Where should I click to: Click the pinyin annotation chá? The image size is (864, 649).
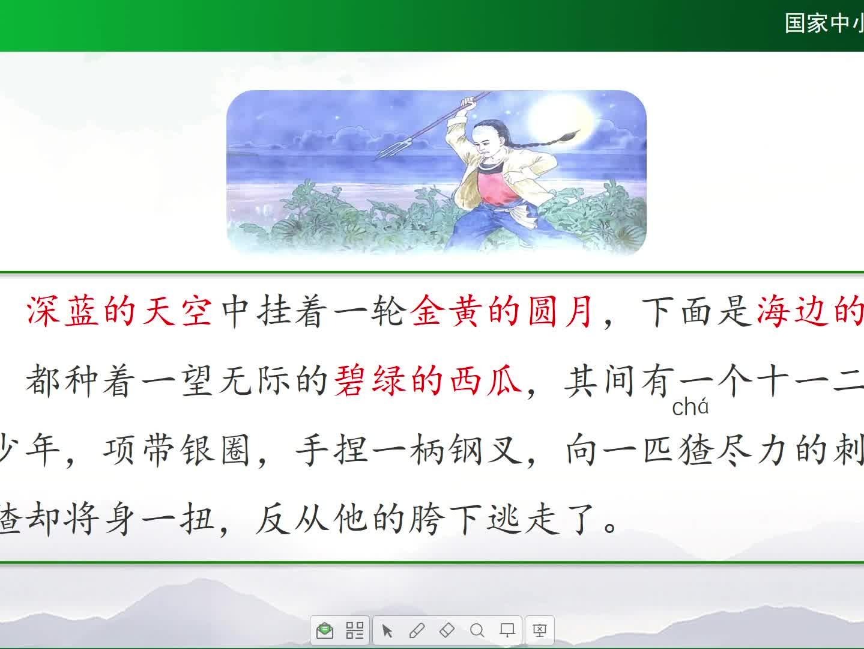(x=690, y=407)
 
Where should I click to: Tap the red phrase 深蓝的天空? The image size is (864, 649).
(x=119, y=311)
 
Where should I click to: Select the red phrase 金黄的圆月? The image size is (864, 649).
(x=502, y=311)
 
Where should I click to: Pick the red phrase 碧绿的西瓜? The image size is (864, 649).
(x=428, y=380)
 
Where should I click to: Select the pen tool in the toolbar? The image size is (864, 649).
(x=417, y=630)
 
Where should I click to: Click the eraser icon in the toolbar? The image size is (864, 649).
(x=447, y=630)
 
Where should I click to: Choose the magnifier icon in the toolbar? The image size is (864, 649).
(x=477, y=630)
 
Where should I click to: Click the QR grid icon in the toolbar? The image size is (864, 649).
(x=354, y=630)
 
